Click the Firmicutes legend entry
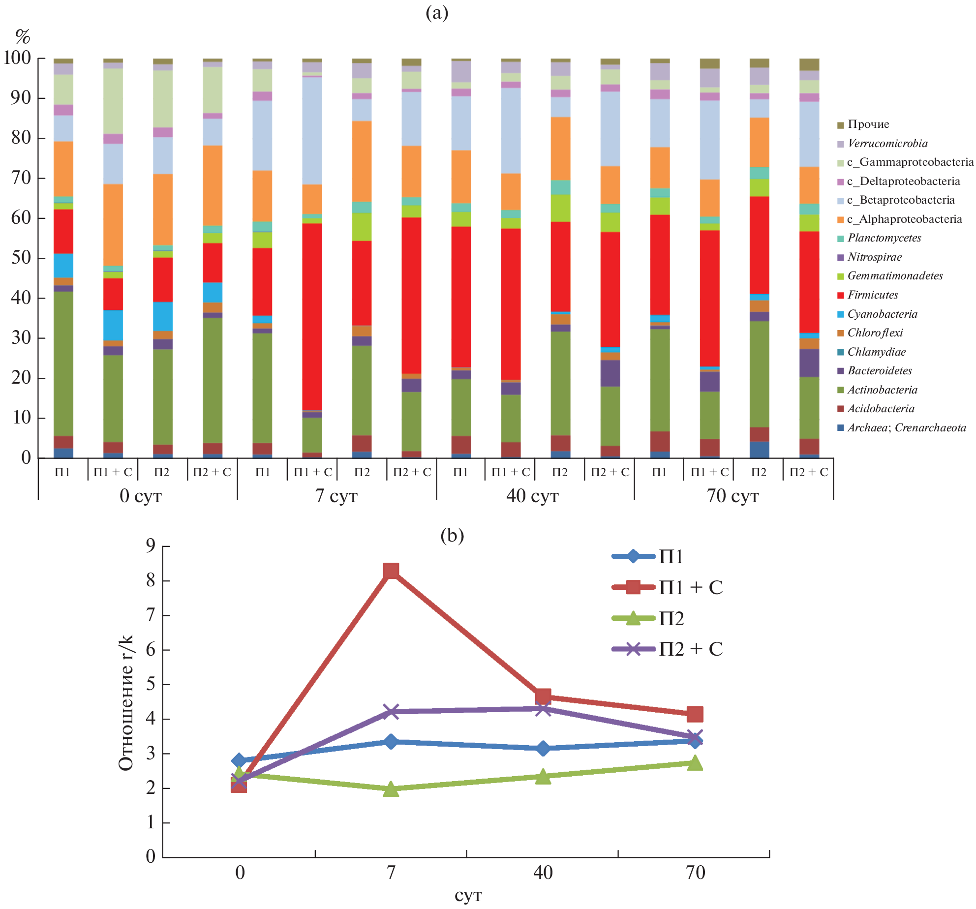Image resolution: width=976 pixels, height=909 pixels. coord(872,295)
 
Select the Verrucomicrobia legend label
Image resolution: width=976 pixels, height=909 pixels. coord(887,144)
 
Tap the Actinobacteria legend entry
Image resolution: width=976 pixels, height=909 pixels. coord(882,390)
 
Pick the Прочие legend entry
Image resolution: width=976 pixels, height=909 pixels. coord(868,124)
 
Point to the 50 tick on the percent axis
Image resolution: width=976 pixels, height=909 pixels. coord(21,258)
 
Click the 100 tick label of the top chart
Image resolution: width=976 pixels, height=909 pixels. coord(17,58)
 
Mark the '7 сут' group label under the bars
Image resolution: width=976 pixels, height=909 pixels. coord(336,496)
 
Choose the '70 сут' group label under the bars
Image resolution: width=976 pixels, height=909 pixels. coord(733,496)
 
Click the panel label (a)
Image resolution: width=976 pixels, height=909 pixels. coord(437,13)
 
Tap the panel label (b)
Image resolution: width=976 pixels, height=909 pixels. coord(452,535)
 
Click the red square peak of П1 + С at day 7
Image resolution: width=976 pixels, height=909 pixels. coord(391,571)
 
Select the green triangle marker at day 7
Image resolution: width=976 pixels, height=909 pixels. coord(391,789)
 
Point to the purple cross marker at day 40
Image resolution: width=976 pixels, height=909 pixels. coord(543,709)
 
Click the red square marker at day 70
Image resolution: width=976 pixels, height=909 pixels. coord(695,714)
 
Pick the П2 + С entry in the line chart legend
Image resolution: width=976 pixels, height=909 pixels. coord(691,649)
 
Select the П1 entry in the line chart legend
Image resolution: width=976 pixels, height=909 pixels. coord(671,557)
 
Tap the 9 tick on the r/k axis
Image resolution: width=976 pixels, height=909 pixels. coord(151,546)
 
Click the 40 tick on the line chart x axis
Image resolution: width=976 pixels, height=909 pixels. coord(543,873)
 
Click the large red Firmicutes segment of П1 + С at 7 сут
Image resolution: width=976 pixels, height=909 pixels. coord(312,315)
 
